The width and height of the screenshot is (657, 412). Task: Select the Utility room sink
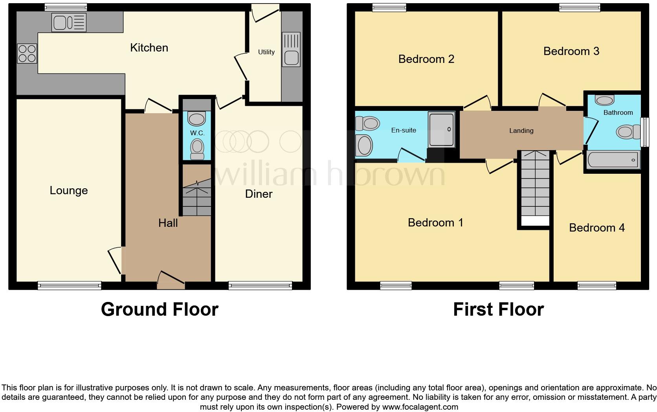291,50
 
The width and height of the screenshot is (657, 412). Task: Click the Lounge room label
69,191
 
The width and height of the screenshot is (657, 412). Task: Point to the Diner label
259,194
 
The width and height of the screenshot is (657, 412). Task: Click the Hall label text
168,223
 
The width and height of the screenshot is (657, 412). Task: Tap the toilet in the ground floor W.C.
197,149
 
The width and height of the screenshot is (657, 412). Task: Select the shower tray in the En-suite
441,129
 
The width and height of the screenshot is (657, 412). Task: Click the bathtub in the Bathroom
613,160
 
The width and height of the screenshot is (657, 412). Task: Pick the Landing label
521,131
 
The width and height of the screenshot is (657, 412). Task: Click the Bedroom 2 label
426,59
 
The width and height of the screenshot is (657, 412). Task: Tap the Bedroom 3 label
571,51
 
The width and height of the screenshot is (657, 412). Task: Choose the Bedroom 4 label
596,228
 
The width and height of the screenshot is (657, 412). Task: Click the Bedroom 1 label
435,223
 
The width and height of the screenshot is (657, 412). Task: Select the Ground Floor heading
160,309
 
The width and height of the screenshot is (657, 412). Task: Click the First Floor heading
498,309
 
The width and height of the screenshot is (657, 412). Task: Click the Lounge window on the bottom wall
70,285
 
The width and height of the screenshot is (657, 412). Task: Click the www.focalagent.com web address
420,407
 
